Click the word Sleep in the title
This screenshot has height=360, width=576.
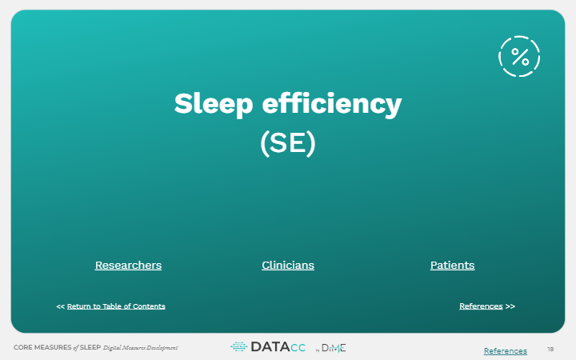(214, 104)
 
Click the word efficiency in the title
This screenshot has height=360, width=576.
(332, 104)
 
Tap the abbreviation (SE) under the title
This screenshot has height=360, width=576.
(288, 143)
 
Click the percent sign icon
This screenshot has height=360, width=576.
(519, 56)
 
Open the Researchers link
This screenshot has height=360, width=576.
(128, 266)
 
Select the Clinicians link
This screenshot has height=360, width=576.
(288, 266)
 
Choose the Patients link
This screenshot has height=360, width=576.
(452, 266)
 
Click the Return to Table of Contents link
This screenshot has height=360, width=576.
(116, 306)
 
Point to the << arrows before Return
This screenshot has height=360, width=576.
(60, 306)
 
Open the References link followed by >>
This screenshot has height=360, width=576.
(481, 306)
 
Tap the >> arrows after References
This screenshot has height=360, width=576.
(510, 306)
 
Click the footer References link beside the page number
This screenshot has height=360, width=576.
(506, 351)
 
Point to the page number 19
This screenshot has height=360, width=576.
(550, 350)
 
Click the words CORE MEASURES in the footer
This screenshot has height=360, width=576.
(42, 347)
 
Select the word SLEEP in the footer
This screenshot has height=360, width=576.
(90, 347)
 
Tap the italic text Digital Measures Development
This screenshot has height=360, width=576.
(140, 347)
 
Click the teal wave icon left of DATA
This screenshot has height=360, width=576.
(238, 346)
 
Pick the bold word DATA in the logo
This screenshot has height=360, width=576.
(270, 346)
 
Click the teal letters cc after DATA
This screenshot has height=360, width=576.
(298, 347)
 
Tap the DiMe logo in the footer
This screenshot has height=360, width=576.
(331, 348)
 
